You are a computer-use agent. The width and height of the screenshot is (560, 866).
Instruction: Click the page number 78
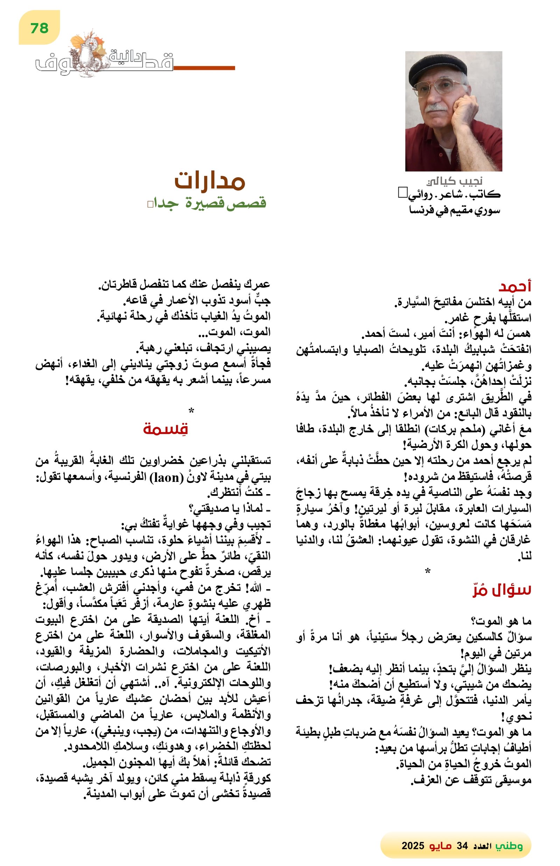(39, 28)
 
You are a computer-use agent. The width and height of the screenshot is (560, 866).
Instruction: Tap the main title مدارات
(210, 181)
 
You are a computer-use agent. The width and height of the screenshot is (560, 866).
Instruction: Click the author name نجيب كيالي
(454, 181)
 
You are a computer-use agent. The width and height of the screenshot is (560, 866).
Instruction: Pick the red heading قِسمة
(165, 429)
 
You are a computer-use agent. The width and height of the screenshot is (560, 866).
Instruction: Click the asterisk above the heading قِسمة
(191, 411)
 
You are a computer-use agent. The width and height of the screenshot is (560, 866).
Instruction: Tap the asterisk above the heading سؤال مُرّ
(428, 571)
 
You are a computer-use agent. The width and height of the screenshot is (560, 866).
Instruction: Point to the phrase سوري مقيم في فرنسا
(455, 210)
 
